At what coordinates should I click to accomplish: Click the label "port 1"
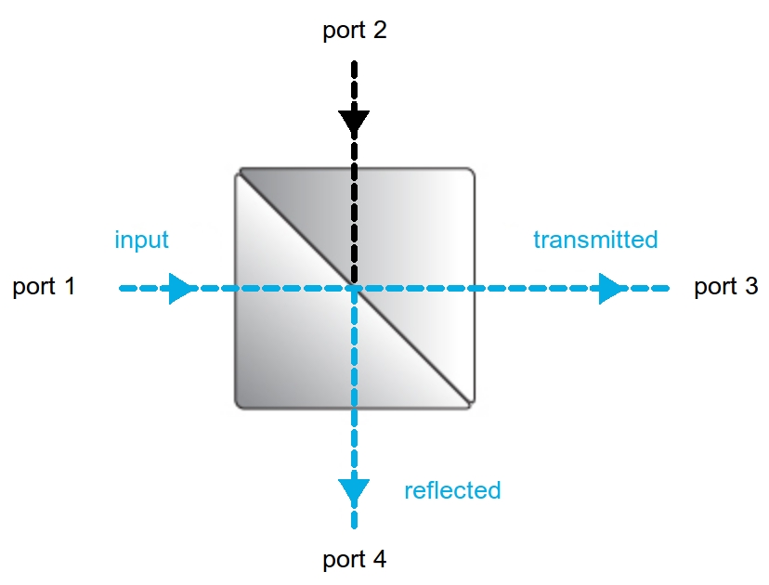coord(44,286)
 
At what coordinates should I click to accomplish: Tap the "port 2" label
coord(354,30)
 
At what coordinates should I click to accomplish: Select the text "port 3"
coord(725,286)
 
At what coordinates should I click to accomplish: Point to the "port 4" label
coord(354,560)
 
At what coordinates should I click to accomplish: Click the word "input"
coord(141,240)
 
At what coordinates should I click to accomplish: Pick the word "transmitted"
coord(595,240)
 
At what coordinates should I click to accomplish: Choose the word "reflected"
coord(452,490)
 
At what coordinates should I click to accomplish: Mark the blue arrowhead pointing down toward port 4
coord(354,490)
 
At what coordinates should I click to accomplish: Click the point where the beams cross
coord(354,289)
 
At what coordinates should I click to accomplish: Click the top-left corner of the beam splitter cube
coord(239,171)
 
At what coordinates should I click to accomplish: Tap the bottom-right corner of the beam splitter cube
coord(473,405)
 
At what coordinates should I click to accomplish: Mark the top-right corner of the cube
coord(472,171)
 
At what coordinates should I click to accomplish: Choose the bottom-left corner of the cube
coord(239,405)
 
